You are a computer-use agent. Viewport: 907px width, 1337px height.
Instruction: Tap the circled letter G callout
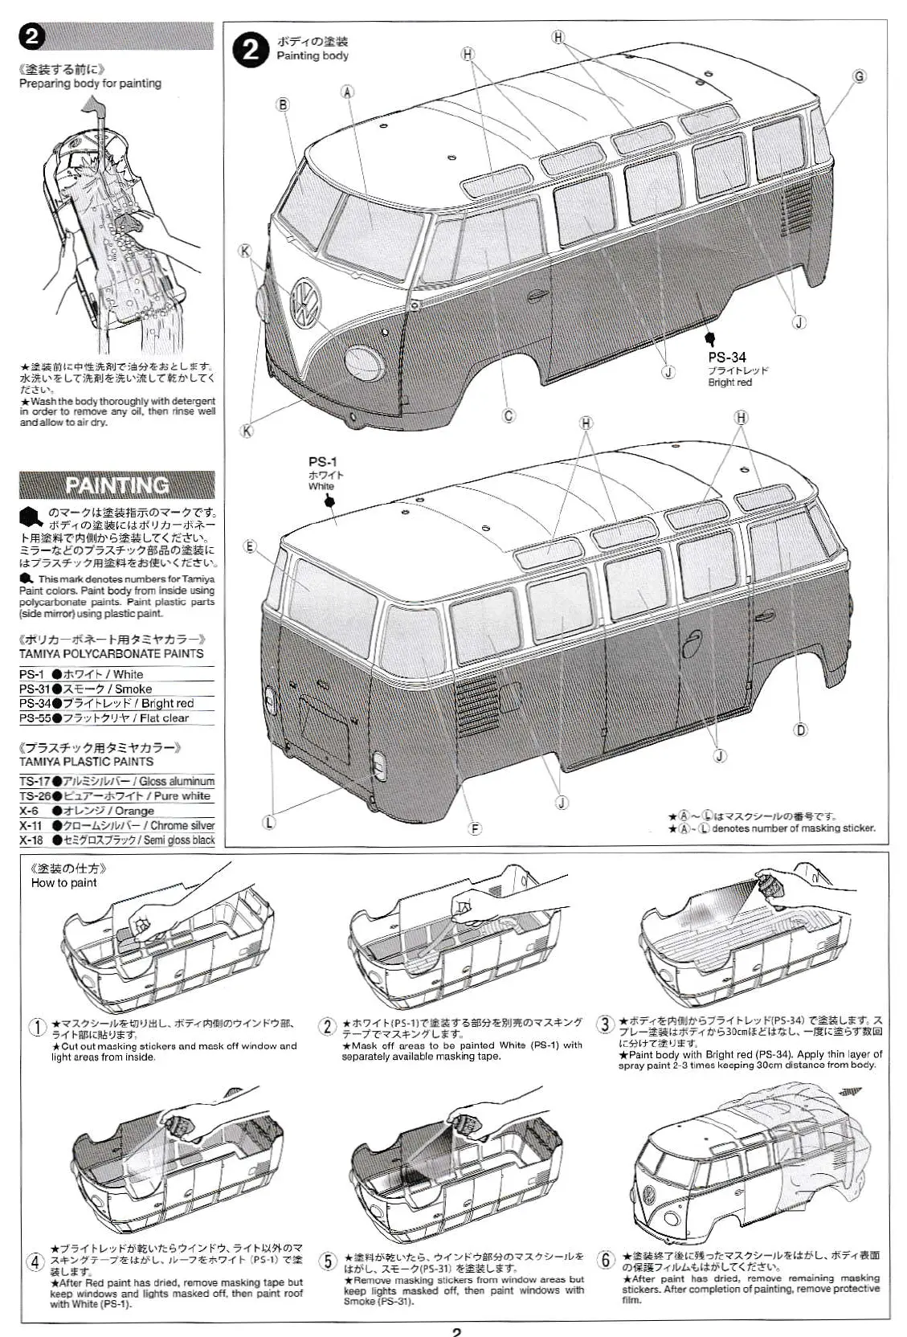[859, 76]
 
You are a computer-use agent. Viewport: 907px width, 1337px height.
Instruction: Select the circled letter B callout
[283, 104]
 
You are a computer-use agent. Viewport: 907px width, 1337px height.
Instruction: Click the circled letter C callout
[508, 415]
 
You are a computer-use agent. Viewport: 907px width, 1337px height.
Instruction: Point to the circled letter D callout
[800, 730]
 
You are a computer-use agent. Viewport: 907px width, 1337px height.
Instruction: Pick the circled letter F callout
[474, 828]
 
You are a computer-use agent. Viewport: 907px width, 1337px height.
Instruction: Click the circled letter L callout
[269, 821]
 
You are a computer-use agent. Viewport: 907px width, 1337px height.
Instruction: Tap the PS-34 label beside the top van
[726, 357]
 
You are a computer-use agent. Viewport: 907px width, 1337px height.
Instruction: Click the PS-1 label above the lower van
[322, 461]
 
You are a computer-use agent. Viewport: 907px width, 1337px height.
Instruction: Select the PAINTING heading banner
[117, 485]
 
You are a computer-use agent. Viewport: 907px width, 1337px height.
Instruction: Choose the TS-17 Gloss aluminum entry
[117, 781]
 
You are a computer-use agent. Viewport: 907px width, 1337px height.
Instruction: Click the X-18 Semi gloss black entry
[117, 840]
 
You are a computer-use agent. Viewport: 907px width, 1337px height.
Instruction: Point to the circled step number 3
[604, 1024]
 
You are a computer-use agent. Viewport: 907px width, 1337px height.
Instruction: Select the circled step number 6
[606, 1260]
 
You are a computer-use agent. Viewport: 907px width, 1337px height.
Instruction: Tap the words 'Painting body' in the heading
[313, 55]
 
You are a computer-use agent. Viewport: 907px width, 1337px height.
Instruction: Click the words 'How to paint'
[63, 882]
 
